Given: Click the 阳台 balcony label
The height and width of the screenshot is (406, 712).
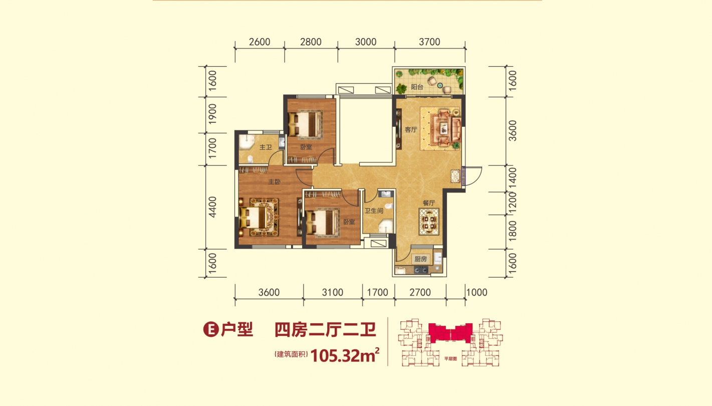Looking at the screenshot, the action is (x=417, y=87).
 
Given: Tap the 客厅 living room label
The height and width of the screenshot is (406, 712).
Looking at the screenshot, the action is (x=411, y=129).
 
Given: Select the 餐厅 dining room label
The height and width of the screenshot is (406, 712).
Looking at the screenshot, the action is (x=429, y=202).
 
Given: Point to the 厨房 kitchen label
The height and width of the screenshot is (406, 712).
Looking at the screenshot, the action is (x=420, y=259).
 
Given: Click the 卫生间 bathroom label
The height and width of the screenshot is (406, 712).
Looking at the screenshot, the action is (x=374, y=211).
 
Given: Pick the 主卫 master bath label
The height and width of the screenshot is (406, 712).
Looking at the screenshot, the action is (x=266, y=147).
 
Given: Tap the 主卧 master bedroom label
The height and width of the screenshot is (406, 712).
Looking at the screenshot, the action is (x=274, y=181).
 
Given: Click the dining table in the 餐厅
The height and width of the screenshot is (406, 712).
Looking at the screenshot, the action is (x=429, y=222).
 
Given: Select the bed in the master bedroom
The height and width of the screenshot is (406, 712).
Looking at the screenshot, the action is (x=255, y=217).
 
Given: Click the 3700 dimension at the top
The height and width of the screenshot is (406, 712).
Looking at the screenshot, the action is (x=429, y=42).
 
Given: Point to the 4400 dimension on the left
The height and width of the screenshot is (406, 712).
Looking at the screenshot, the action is (x=212, y=207).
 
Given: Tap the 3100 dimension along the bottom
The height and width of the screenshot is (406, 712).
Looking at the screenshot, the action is (x=333, y=292).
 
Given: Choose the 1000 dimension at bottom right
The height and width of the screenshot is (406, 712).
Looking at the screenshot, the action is (x=477, y=292).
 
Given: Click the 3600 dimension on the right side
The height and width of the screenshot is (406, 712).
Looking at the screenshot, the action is (x=513, y=131).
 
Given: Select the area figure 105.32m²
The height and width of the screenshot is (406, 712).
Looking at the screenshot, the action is (x=345, y=355).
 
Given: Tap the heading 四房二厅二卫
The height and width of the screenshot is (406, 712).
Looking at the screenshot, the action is (x=325, y=329).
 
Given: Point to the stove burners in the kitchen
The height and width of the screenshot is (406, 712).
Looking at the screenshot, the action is (x=421, y=270).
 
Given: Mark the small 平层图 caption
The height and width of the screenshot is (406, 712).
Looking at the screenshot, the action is (x=450, y=358).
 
